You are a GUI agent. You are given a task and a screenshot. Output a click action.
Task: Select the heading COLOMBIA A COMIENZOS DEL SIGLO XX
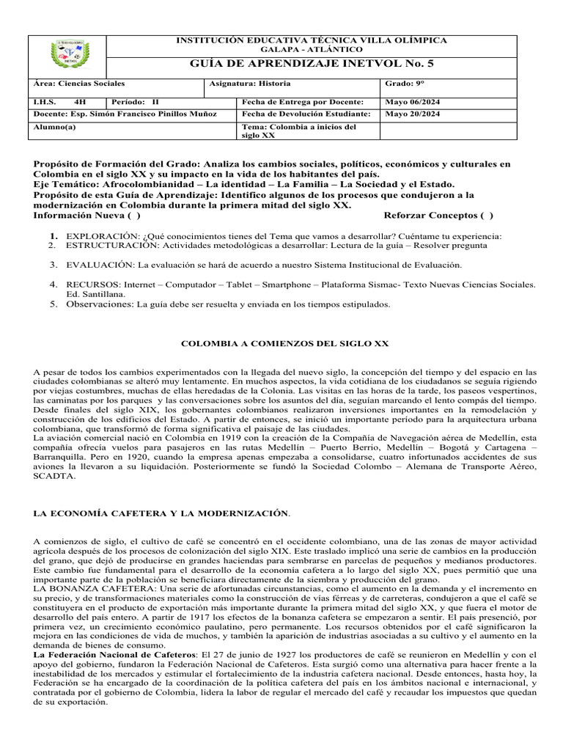click(x=284, y=343)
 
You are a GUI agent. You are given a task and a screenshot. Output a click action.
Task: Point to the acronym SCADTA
click(x=54, y=475)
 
